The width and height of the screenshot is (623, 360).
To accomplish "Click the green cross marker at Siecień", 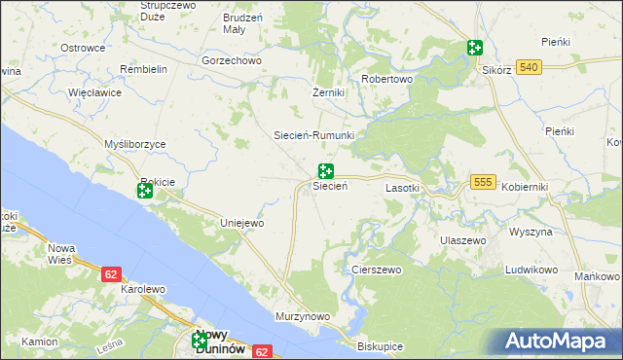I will (x=326, y=171).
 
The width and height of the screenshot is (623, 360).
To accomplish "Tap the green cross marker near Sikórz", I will (x=474, y=48).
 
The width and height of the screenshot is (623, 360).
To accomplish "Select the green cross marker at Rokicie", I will (x=145, y=191).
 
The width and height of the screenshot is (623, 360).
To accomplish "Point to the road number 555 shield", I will (x=483, y=182).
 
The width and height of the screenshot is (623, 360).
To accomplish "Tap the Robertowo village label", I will (x=387, y=79).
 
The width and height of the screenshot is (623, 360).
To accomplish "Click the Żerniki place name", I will (x=328, y=92).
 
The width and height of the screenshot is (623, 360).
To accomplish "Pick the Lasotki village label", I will (x=402, y=187).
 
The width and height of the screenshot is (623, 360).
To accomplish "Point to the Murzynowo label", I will (x=303, y=317).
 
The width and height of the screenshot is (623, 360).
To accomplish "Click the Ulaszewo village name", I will (x=462, y=239).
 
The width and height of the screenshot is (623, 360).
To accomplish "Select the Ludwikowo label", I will (x=530, y=269).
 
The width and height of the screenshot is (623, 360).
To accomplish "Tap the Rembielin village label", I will (x=144, y=70).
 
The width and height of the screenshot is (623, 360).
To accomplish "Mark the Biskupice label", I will (x=380, y=345).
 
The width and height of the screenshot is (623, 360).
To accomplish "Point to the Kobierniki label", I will (x=526, y=187).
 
